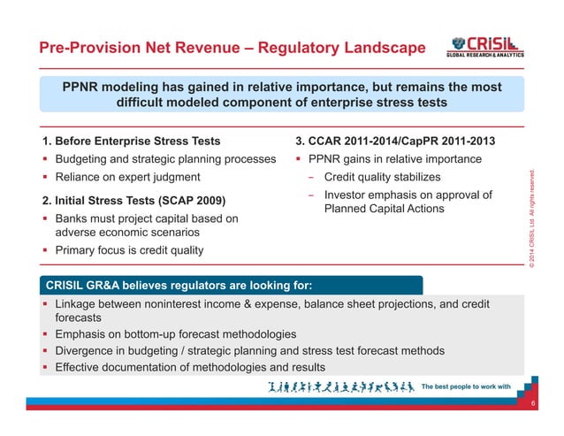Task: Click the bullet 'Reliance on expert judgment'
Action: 127,177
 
